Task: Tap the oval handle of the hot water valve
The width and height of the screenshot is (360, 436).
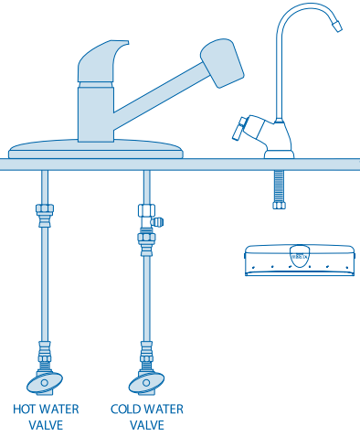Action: click(45, 383)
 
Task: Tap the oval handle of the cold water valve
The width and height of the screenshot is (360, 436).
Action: click(146, 383)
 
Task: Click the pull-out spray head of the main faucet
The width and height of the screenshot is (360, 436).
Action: click(222, 63)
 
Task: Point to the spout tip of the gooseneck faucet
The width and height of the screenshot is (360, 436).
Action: click(337, 26)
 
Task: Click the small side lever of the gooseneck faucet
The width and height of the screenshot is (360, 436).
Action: click(238, 129)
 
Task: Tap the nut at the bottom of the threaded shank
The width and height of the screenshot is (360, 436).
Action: click(279, 205)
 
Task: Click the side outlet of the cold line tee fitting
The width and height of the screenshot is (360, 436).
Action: click(158, 222)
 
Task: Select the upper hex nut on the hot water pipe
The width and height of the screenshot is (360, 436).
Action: click(45, 209)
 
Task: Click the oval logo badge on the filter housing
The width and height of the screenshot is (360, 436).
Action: click(300, 256)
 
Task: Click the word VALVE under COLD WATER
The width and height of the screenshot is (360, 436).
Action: click(147, 425)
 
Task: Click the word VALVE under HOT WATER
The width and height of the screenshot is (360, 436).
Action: click(46, 425)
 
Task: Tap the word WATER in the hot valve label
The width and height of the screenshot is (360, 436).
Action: click(58, 409)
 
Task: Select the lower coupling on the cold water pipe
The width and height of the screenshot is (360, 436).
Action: click(146, 352)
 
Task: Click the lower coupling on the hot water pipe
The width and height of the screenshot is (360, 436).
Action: click(45, 352)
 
